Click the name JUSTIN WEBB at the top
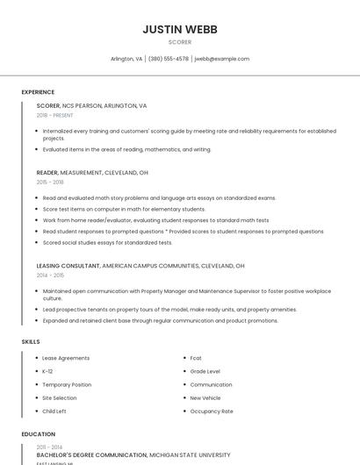pos(180,29)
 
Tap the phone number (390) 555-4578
pos(169,59)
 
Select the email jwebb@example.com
pos(222,59)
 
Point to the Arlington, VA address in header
pos(126,59)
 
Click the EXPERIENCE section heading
pos(38,92)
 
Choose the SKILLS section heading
pos(30,341)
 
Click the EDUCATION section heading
pos(38,434)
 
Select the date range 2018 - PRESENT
pos(55,115)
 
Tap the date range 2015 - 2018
pos(50,182)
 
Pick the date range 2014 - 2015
pos(50,275)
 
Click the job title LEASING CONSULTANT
pos(68,265)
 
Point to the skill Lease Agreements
pos(66,358)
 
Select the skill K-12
pos(47,371)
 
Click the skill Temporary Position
pos(67,384)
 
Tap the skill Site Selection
pos(60,397)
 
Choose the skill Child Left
pos(54,411)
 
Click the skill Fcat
pos(196,358)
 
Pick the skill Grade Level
pos(205,371)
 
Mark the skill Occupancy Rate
pos(212,411)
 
